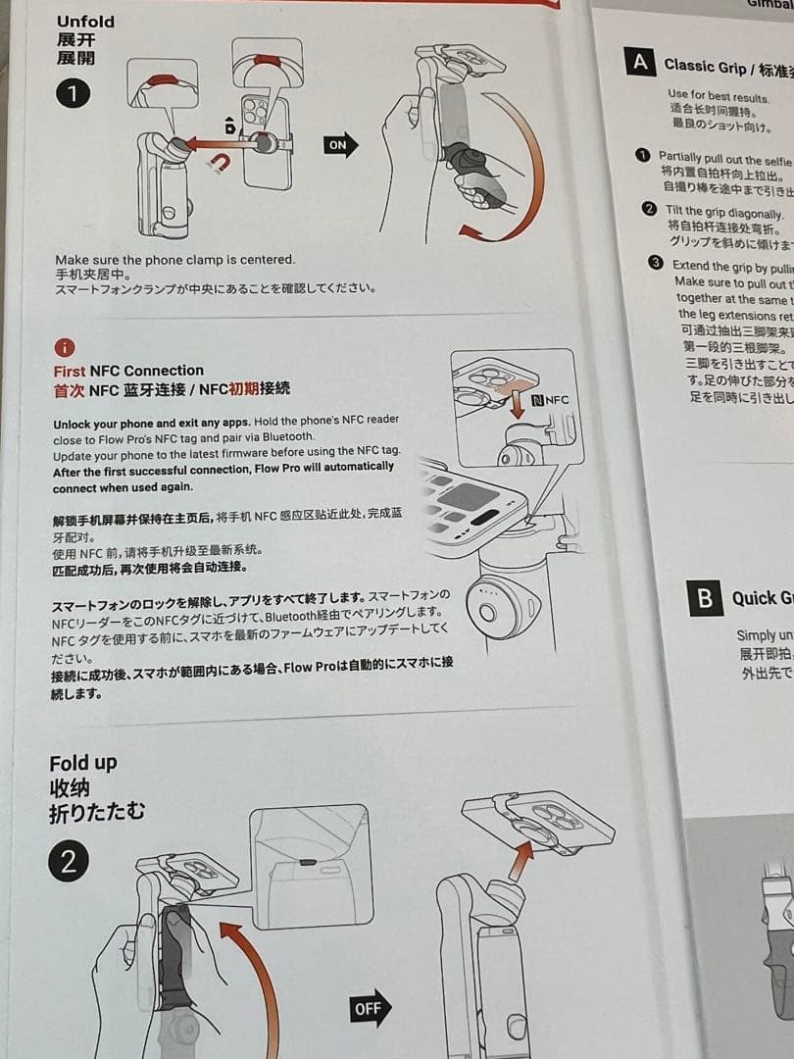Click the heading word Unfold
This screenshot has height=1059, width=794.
click(x=85, y=22)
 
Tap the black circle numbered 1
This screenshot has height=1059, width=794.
click(x=73, y=94)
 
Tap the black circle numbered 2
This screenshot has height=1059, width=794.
click(x=69, y=863)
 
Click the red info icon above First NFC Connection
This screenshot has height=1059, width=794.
click(x=64, y=347)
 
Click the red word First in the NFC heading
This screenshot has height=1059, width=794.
click(x=70, y=371)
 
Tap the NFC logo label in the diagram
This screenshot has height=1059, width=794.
click(x=550, y=400)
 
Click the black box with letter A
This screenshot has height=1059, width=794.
click(x=640, y=62)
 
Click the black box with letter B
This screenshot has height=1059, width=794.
click(x=705, y=598)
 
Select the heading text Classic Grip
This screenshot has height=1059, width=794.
click(x=704, y=66)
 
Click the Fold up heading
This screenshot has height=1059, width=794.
click(x=82, y=763)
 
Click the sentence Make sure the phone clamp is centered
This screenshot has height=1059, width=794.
click(x=174, y=260)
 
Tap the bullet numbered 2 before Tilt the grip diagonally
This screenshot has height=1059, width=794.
click(x=649, y=208)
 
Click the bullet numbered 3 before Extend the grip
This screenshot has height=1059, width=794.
click(x=657, y=263)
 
